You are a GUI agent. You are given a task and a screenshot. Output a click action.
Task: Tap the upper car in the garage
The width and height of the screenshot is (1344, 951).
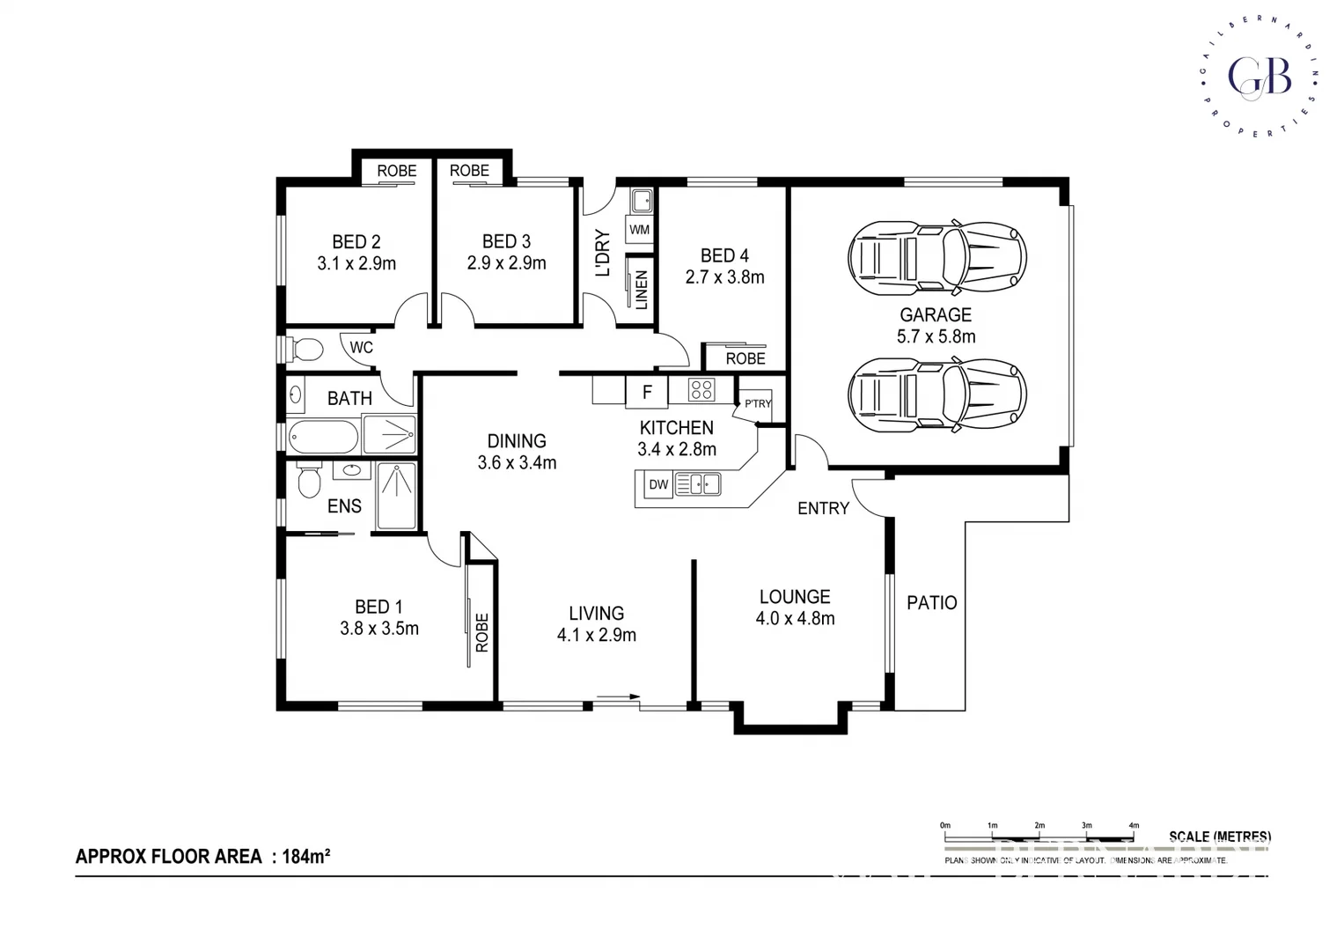point(937,259)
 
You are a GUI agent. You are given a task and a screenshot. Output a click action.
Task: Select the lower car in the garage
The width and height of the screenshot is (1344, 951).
point(937,395)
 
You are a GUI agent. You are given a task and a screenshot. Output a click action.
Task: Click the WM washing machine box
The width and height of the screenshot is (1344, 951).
point(640,230)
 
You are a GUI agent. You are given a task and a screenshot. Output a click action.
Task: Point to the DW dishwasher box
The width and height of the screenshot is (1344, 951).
point(658,484)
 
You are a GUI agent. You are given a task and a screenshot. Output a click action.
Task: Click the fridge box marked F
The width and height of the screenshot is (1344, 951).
point(647,393)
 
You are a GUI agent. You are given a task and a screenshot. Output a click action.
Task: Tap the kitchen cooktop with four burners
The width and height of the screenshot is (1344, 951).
point(701,389)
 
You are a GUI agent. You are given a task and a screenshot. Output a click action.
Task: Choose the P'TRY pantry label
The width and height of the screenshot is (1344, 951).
point(757,403)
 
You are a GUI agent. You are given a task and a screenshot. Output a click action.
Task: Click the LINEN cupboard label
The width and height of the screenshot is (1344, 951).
point(642,290)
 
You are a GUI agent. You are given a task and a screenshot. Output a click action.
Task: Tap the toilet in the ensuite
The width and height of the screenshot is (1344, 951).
point(308,480)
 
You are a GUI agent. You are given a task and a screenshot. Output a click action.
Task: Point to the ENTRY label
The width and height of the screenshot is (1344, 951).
point(823,508)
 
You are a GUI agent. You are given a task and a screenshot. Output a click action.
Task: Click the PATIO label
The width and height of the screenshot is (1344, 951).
point(931,603)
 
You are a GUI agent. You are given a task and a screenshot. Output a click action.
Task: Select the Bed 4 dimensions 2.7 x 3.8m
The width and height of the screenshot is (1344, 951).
point(724,277)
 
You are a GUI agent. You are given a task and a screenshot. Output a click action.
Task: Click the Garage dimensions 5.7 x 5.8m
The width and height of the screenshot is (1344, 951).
point(936,336)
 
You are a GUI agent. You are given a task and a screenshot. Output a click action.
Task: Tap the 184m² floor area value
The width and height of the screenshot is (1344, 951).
point(306,856)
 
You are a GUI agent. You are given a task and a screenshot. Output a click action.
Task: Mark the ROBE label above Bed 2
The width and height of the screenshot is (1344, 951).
point(397,171)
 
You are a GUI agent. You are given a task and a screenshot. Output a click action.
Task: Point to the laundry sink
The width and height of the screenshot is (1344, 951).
point(642,201)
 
